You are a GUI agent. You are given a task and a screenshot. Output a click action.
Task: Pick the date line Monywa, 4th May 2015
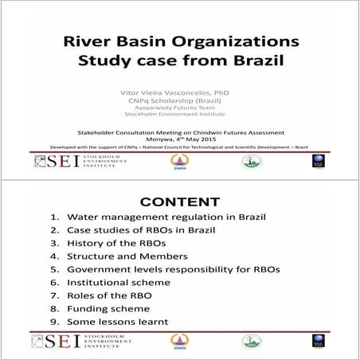coord(179,136)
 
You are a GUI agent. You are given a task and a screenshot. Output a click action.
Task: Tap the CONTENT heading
coord(179,202)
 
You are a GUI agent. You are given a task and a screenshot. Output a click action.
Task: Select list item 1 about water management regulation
coord(166,217)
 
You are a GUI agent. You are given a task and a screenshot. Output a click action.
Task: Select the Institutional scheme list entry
coord(124,282)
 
